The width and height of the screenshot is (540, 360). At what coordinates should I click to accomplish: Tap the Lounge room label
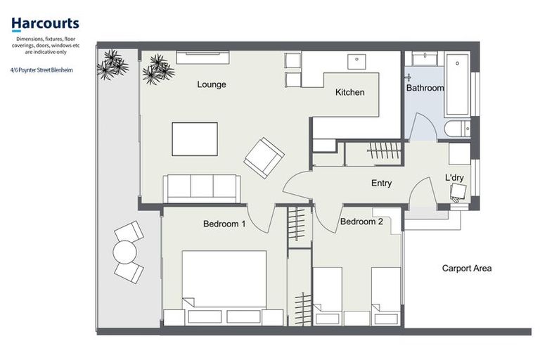pos(211,84)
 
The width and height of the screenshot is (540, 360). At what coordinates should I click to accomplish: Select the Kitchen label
pos(349,92)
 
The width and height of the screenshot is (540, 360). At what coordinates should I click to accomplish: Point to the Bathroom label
pos(425,89)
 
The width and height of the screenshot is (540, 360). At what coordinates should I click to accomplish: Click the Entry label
pos(381,184)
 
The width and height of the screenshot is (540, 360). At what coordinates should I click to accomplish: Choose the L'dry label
pos(454,178)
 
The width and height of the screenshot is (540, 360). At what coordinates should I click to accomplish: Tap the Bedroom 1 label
pos(224,224)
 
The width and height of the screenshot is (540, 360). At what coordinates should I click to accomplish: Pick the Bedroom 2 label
pos(361,221)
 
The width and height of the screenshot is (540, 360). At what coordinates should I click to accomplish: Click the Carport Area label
pos(466,268)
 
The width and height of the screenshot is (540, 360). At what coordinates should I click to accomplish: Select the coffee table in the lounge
pos(195,139)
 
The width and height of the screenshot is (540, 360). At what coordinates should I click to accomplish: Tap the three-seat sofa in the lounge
pos(202,188)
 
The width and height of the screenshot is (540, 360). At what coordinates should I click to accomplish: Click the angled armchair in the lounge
pos(264,157)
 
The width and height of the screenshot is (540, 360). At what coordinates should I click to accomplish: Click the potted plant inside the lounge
pos(157,69)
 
